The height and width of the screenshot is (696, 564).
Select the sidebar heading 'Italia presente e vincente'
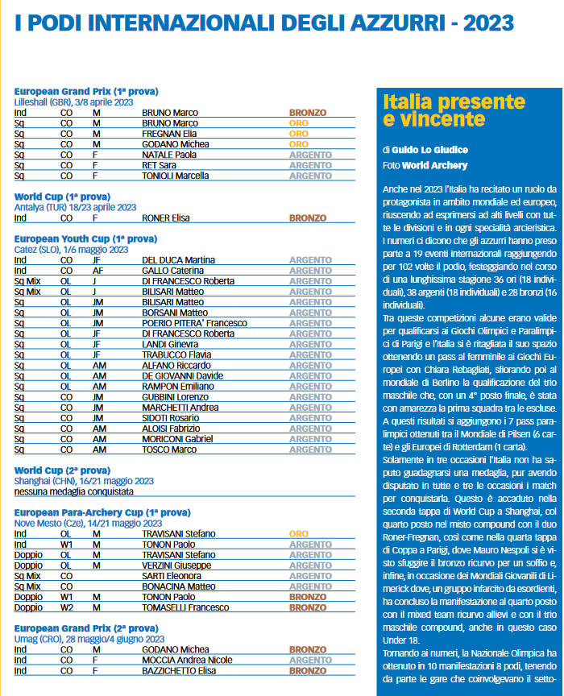442,111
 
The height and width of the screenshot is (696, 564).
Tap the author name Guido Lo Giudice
430,150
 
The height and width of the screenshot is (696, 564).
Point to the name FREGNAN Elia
169,134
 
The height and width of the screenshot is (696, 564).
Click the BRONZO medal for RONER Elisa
308,217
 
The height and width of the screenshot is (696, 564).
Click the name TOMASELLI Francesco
188,585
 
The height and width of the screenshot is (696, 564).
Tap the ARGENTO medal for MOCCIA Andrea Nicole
310,660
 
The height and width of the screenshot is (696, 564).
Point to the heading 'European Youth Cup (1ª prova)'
85,239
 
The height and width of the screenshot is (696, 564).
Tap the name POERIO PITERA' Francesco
194,323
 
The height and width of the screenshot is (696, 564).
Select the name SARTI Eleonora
172,553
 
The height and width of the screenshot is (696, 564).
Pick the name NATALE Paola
169,155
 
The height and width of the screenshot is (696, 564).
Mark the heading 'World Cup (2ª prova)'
62,470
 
